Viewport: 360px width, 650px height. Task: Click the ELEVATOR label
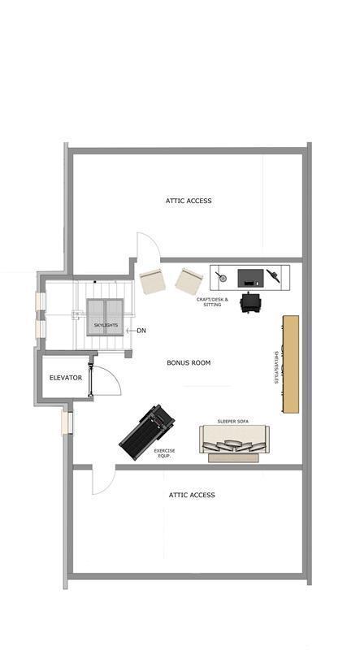tap(66, 378)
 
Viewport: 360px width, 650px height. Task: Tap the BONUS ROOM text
tap(189, 362)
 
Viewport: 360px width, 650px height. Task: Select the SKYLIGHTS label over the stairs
tap(106, 325)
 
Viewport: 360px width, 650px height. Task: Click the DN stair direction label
tap(141, 331)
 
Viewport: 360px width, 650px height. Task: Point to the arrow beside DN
tap(131, 331)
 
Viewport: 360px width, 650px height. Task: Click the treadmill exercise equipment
tap(147, 432)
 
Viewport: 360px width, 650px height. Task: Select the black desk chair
tap(249, 302)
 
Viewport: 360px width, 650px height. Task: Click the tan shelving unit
tap(291, 364)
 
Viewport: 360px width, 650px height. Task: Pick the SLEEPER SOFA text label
tap(232, 422)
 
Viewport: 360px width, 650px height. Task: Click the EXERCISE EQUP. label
tap(165, 453)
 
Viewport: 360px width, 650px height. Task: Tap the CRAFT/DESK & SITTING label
tap(212, 301)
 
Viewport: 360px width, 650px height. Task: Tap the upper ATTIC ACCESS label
tap(189, 201)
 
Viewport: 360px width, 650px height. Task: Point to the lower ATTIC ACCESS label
tap(192, 495)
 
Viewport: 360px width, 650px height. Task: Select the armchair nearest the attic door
tap(153, 282)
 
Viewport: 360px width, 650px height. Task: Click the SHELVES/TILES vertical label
tap(275, 367)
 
